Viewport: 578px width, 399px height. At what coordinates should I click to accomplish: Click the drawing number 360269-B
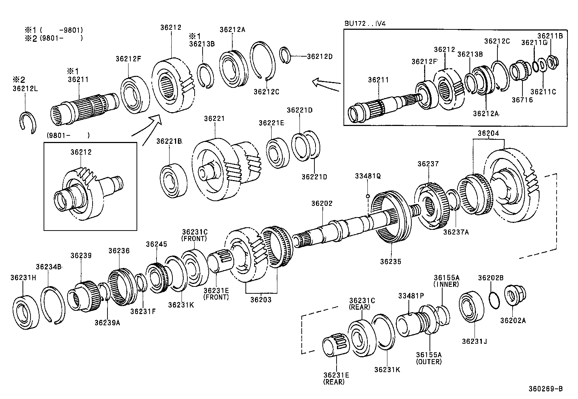click(x=545, y=389)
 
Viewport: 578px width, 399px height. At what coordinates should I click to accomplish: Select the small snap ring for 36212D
click(x=286, y=55)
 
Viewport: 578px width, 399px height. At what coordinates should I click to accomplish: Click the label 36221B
click(x=169, y=141)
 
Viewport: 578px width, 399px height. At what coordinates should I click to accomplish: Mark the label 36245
click(x=156, y=244)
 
